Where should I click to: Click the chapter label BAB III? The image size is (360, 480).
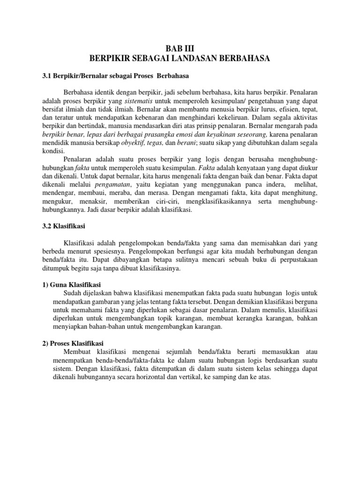tap(180, 48)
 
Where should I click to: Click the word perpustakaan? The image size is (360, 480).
tap(293, 261)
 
